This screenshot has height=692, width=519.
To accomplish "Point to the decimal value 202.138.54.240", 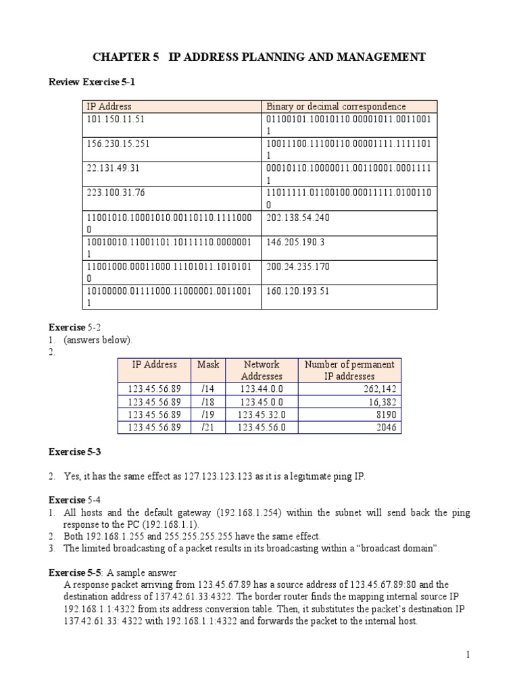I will [298, 218].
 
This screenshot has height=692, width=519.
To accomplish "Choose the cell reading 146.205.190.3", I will [295, 242].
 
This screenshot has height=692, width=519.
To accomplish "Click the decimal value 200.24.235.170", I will [298, 267].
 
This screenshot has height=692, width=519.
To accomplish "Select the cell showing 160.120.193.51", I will [298, 291].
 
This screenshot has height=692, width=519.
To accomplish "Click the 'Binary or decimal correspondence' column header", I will [336, 107].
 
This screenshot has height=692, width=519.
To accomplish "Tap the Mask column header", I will [208, 364].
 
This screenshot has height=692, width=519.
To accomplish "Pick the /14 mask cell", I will [208, 389].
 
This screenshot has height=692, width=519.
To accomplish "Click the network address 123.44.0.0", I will [262, 389].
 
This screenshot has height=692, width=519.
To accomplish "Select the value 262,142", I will [378, 389].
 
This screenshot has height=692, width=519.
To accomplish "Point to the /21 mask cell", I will [208, 427].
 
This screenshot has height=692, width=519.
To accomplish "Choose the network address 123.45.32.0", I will [262, 414].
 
